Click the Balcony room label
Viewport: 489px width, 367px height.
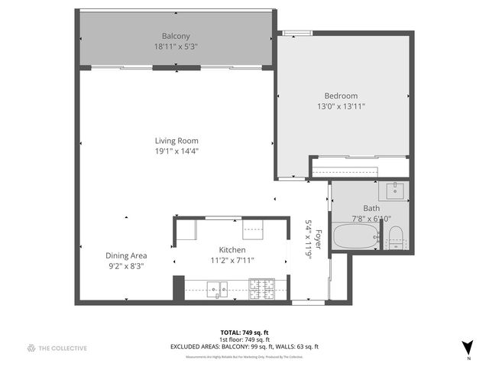click(176, 36)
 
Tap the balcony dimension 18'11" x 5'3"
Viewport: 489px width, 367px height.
click(176, 46)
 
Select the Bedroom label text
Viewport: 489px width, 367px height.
click(341, 96)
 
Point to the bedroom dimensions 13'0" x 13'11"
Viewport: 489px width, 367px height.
click(341, 106)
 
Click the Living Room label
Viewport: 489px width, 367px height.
click(176, 141)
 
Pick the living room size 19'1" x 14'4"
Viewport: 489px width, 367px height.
click(176, 151)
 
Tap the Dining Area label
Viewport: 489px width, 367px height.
click(126, 255)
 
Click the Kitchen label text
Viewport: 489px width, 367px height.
click(232, 250)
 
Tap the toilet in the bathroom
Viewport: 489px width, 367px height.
click(395, 238)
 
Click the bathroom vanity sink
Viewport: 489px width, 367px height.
click(396, 190)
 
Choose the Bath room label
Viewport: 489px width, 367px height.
click(371, 208)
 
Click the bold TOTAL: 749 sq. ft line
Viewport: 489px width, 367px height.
click(244, 332)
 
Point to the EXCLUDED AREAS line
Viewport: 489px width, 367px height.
click(244, 346)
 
